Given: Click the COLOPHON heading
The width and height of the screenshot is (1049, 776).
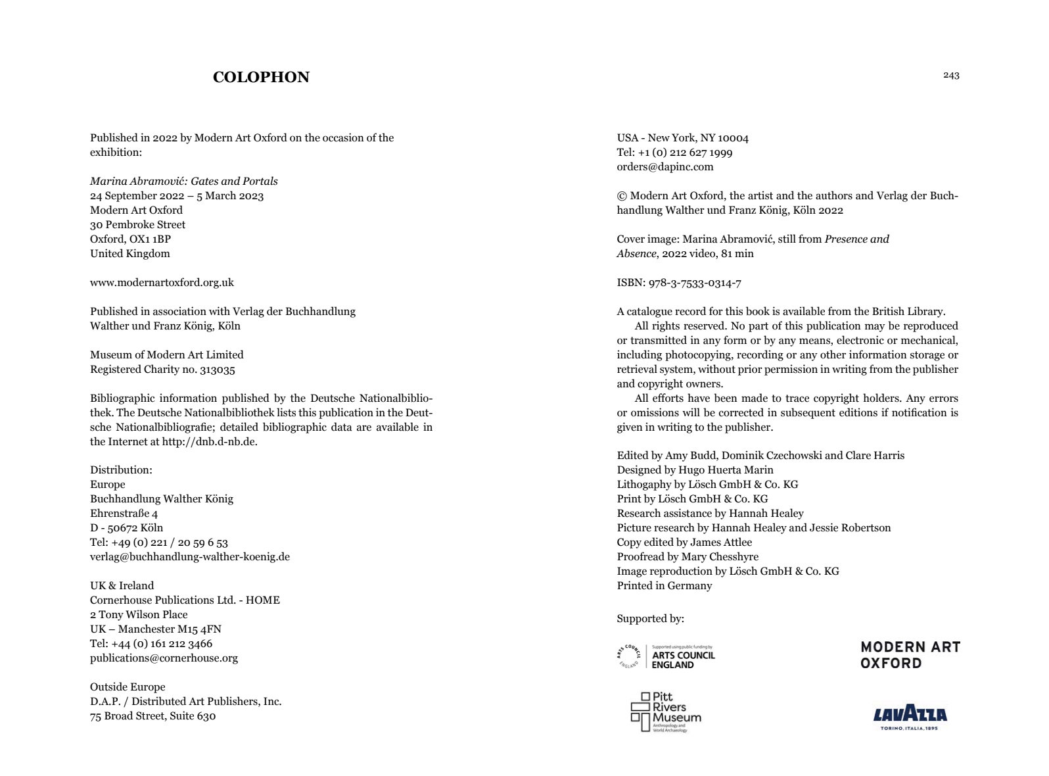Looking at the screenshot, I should pos(261,77).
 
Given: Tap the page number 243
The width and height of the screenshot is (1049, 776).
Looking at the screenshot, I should pos(951,76).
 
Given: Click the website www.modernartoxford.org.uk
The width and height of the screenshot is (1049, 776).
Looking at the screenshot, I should pos(162,283).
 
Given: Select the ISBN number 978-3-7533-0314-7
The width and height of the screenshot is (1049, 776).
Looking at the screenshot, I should pos(695,283).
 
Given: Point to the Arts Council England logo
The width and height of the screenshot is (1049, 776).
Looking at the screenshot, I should pos(666,656).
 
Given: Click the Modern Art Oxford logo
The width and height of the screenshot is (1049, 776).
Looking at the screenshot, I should pos(910,655).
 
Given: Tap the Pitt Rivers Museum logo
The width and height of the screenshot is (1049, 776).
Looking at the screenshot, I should pos(666,712).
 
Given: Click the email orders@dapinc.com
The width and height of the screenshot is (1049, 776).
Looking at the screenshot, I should pos(664,167).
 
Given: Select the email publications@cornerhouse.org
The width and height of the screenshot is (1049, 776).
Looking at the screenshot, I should pos(164,658).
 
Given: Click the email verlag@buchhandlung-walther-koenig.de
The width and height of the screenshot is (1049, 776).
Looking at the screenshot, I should pos(190,557).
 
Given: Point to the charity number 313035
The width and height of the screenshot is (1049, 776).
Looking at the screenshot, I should pos(218,370).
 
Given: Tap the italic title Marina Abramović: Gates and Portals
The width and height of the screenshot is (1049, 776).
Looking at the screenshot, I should pos(184,182).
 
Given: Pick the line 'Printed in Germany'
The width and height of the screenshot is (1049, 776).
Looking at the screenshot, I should pos(664,586).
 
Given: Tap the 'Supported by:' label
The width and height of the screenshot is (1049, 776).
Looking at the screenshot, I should pos(650,619).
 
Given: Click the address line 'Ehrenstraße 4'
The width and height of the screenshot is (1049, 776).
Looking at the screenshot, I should pos(124,514).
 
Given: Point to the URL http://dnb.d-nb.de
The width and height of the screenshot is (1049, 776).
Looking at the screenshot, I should pos(208,442).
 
